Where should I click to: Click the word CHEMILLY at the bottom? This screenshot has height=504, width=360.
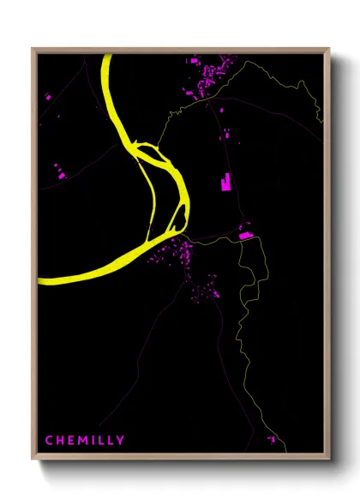85,441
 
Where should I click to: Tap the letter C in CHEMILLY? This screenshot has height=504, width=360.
49,441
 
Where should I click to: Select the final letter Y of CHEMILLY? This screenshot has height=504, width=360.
121,441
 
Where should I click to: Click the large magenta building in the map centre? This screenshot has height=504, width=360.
226,182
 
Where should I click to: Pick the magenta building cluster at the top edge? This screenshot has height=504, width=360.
211,72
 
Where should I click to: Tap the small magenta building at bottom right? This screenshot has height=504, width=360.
272,439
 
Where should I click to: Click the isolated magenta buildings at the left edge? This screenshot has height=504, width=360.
59,174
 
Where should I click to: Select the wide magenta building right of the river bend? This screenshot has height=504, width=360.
246,234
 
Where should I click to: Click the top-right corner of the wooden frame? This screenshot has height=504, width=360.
328,50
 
